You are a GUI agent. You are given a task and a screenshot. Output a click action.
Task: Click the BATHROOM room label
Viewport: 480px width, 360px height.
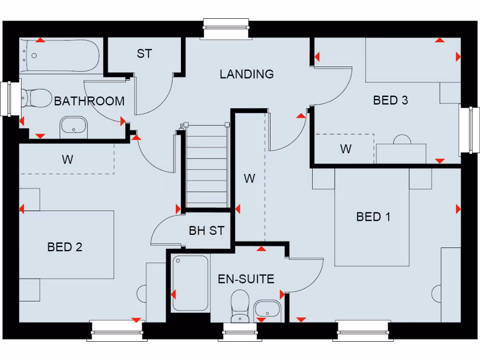pyautogui.click(x=89, y=101)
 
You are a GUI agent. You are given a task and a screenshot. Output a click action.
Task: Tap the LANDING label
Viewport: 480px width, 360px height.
pyautogui.click(x=247, y=74)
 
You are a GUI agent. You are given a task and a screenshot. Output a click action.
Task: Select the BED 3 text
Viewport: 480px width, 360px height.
pyautogui.click(x=390, y=100)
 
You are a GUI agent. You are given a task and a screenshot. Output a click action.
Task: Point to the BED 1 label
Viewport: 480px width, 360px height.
pyautogui.click(x=373, y=217)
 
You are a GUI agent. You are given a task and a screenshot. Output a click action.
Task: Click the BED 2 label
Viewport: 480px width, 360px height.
pyautogui.click(x=65, y=247)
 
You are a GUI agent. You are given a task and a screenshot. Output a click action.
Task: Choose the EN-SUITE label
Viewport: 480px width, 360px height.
pyautogui.click(x=246, y=279)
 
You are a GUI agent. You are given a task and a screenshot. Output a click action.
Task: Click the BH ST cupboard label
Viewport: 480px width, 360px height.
pyautogui.click(x=206, y=231)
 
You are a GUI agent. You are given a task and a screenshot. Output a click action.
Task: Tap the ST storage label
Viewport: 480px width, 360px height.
pyautogui.click(x=144, y=54)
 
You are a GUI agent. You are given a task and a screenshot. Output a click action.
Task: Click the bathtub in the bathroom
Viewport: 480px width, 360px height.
pyautogui.click(x=59, y=55)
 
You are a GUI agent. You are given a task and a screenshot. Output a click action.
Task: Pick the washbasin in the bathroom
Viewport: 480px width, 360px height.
pyautogui.click(x=74, y=127)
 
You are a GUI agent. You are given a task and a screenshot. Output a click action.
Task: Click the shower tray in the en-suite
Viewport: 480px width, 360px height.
pyautogui.click(x=190, y=283)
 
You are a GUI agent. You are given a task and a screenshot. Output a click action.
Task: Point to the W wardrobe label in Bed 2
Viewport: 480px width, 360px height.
pyautogui.click(x=67, y=159)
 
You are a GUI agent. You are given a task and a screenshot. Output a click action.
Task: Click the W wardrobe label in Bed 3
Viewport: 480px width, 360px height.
pyautogui.click(x=345, y=149)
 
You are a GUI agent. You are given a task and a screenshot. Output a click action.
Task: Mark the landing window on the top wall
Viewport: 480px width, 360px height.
pyautogui.click(x=226, y=29)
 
